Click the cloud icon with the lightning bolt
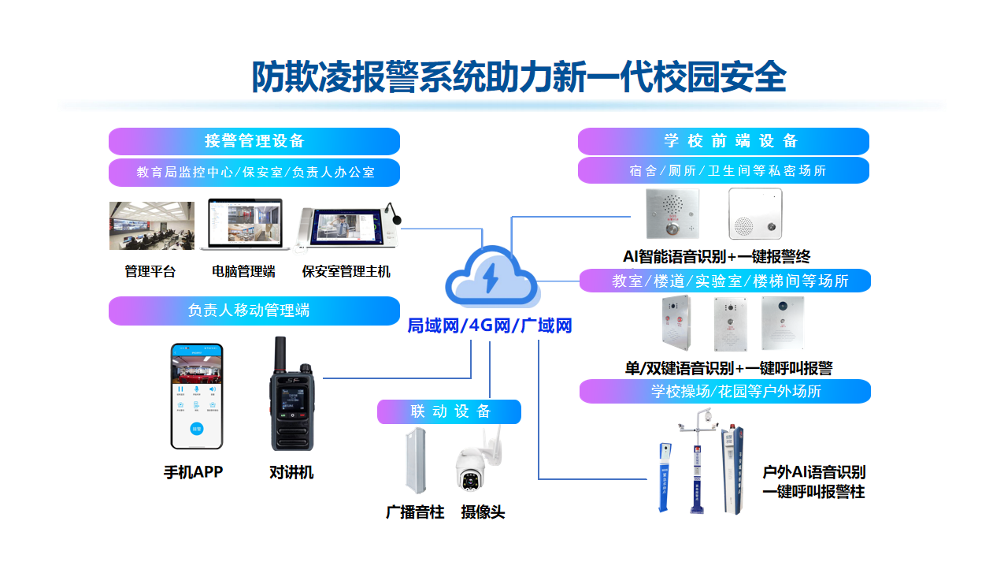click(x=492, y=277)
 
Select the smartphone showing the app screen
click(x=197, y=396)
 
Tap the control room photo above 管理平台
click(x=151, y=225)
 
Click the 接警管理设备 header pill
click(x=254, y=142)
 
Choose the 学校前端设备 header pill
click(x=723, y=142)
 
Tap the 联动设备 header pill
click(x=449, y=411)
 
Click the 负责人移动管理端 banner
click(x=254, y=311)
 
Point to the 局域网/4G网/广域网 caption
click(x=489, y=326)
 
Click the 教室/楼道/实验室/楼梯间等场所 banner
click(x=724, y=281)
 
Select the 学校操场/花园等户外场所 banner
click(x=724, y=391)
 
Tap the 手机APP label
click(x=193, y=472)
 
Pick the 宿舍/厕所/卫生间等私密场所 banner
click(x=723, y=170)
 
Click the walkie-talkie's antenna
click(x=280, y=355)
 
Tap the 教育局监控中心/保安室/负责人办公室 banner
click(x=254, y=172)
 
